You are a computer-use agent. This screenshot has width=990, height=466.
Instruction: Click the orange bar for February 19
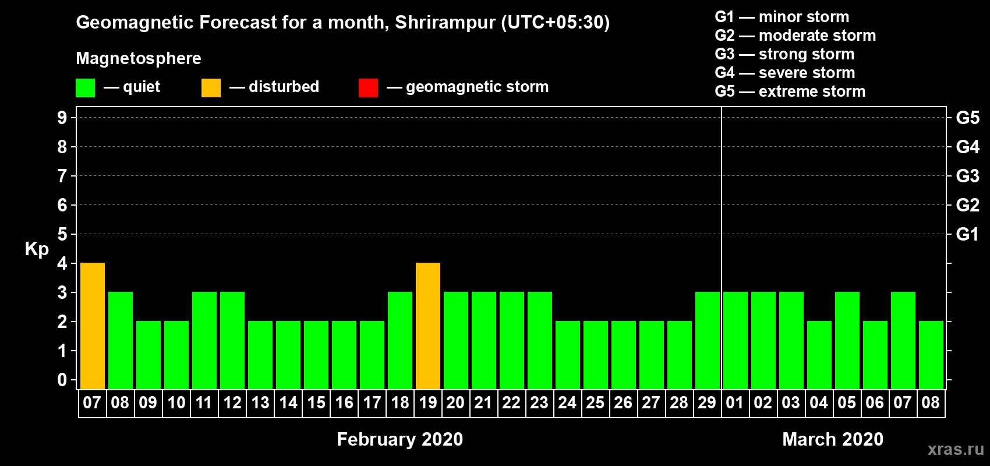pyautogui.click(x=428, y=326)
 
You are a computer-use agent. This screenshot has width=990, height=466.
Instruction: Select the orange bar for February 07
pyautogui.click(x=93, y=326)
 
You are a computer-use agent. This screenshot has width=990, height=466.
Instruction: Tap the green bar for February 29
pyautogui.click(x=708, y=340)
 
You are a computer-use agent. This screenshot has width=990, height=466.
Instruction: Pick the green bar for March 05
pyautogui.click(x=847, y=340)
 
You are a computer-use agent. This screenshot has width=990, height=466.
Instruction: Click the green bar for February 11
pyautogui.click(x=204, y=340)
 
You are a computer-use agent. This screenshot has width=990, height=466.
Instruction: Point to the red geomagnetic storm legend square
pyautogui.click(x=368, y=87)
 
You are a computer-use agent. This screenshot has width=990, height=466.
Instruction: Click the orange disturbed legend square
pyautogui.click(x=211, y=87)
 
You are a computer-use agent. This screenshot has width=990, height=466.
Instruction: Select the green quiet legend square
pyautogui.click(x=85, y=87)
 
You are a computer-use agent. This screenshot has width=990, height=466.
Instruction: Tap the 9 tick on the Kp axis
pyautogui.click(x=62, y=118)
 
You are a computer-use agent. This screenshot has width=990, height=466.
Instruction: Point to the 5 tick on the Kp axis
pyautogui.click(x=62, y=234)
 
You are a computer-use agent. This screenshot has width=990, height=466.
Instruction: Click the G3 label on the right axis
pyautogui.click(x=967, y=176)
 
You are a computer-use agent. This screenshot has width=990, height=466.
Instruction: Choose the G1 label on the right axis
pyautogui.click(x=967, y=234)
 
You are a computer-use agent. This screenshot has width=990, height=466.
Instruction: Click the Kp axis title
pyautogui.click(x=37, y=249)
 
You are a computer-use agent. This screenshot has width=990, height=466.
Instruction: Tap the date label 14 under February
pyautogui.click(x=288, y=403)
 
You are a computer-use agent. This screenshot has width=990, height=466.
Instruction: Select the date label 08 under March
pyautogui.click(x=931, y=403)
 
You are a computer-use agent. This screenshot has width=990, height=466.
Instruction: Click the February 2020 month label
pyautogui.click(x=400, y=439)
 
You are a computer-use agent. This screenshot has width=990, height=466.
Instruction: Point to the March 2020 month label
pyautogui.click(x=833, y=439)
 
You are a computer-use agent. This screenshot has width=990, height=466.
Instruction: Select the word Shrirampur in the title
pyautogui.click(x=445, y=23)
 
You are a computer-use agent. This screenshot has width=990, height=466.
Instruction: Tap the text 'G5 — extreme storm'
pyautogui.click(x=790, y=91)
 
